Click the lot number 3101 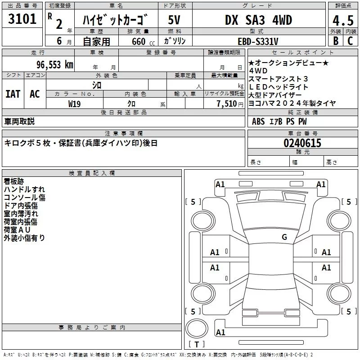point(22,19)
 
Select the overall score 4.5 point(343,20)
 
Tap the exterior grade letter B point(336,41)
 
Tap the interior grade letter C point(350,41)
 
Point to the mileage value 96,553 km point(55,65)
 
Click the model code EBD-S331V point(258,41)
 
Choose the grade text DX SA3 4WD point(258,20)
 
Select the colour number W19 point(74,104)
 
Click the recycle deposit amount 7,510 point(227,104)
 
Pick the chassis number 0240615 point(302,143)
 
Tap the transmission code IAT point(13,94)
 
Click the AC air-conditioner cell point(35,94)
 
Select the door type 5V point(174,20)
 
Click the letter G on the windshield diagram point(284,237)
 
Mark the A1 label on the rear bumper point(220,333)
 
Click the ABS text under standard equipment point(258,121)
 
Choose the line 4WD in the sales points point(258,71)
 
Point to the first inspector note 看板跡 point(14,181)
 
